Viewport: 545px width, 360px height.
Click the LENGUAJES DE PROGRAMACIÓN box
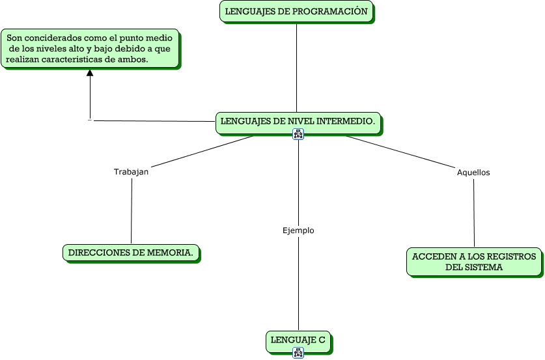pyautogui.click(x=296, y=12)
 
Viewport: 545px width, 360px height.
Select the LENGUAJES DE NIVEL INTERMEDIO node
pyautogui.click(x=298, y=121)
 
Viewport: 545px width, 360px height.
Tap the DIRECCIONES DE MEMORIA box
pyautogui.click(x=130, y=253)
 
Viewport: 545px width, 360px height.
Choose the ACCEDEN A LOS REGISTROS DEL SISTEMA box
pyautogui.click(x=474, y=262)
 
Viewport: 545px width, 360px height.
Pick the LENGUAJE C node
pyautogui.click(x=298, y=340)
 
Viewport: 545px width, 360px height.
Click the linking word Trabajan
pyautogui.click(x=132, y=172)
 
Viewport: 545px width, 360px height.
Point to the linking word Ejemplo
pyautogui.click(x=298, y=230)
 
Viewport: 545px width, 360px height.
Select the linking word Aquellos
pyautogui.click(x=473, y=173)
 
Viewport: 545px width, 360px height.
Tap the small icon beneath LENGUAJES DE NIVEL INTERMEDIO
pyautogui.click(x=298, y=134)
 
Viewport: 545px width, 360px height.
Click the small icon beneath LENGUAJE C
pyautogui.click(x=298, y=353)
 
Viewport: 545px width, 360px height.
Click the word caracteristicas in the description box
pyautogui.click(x=74, y=59)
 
